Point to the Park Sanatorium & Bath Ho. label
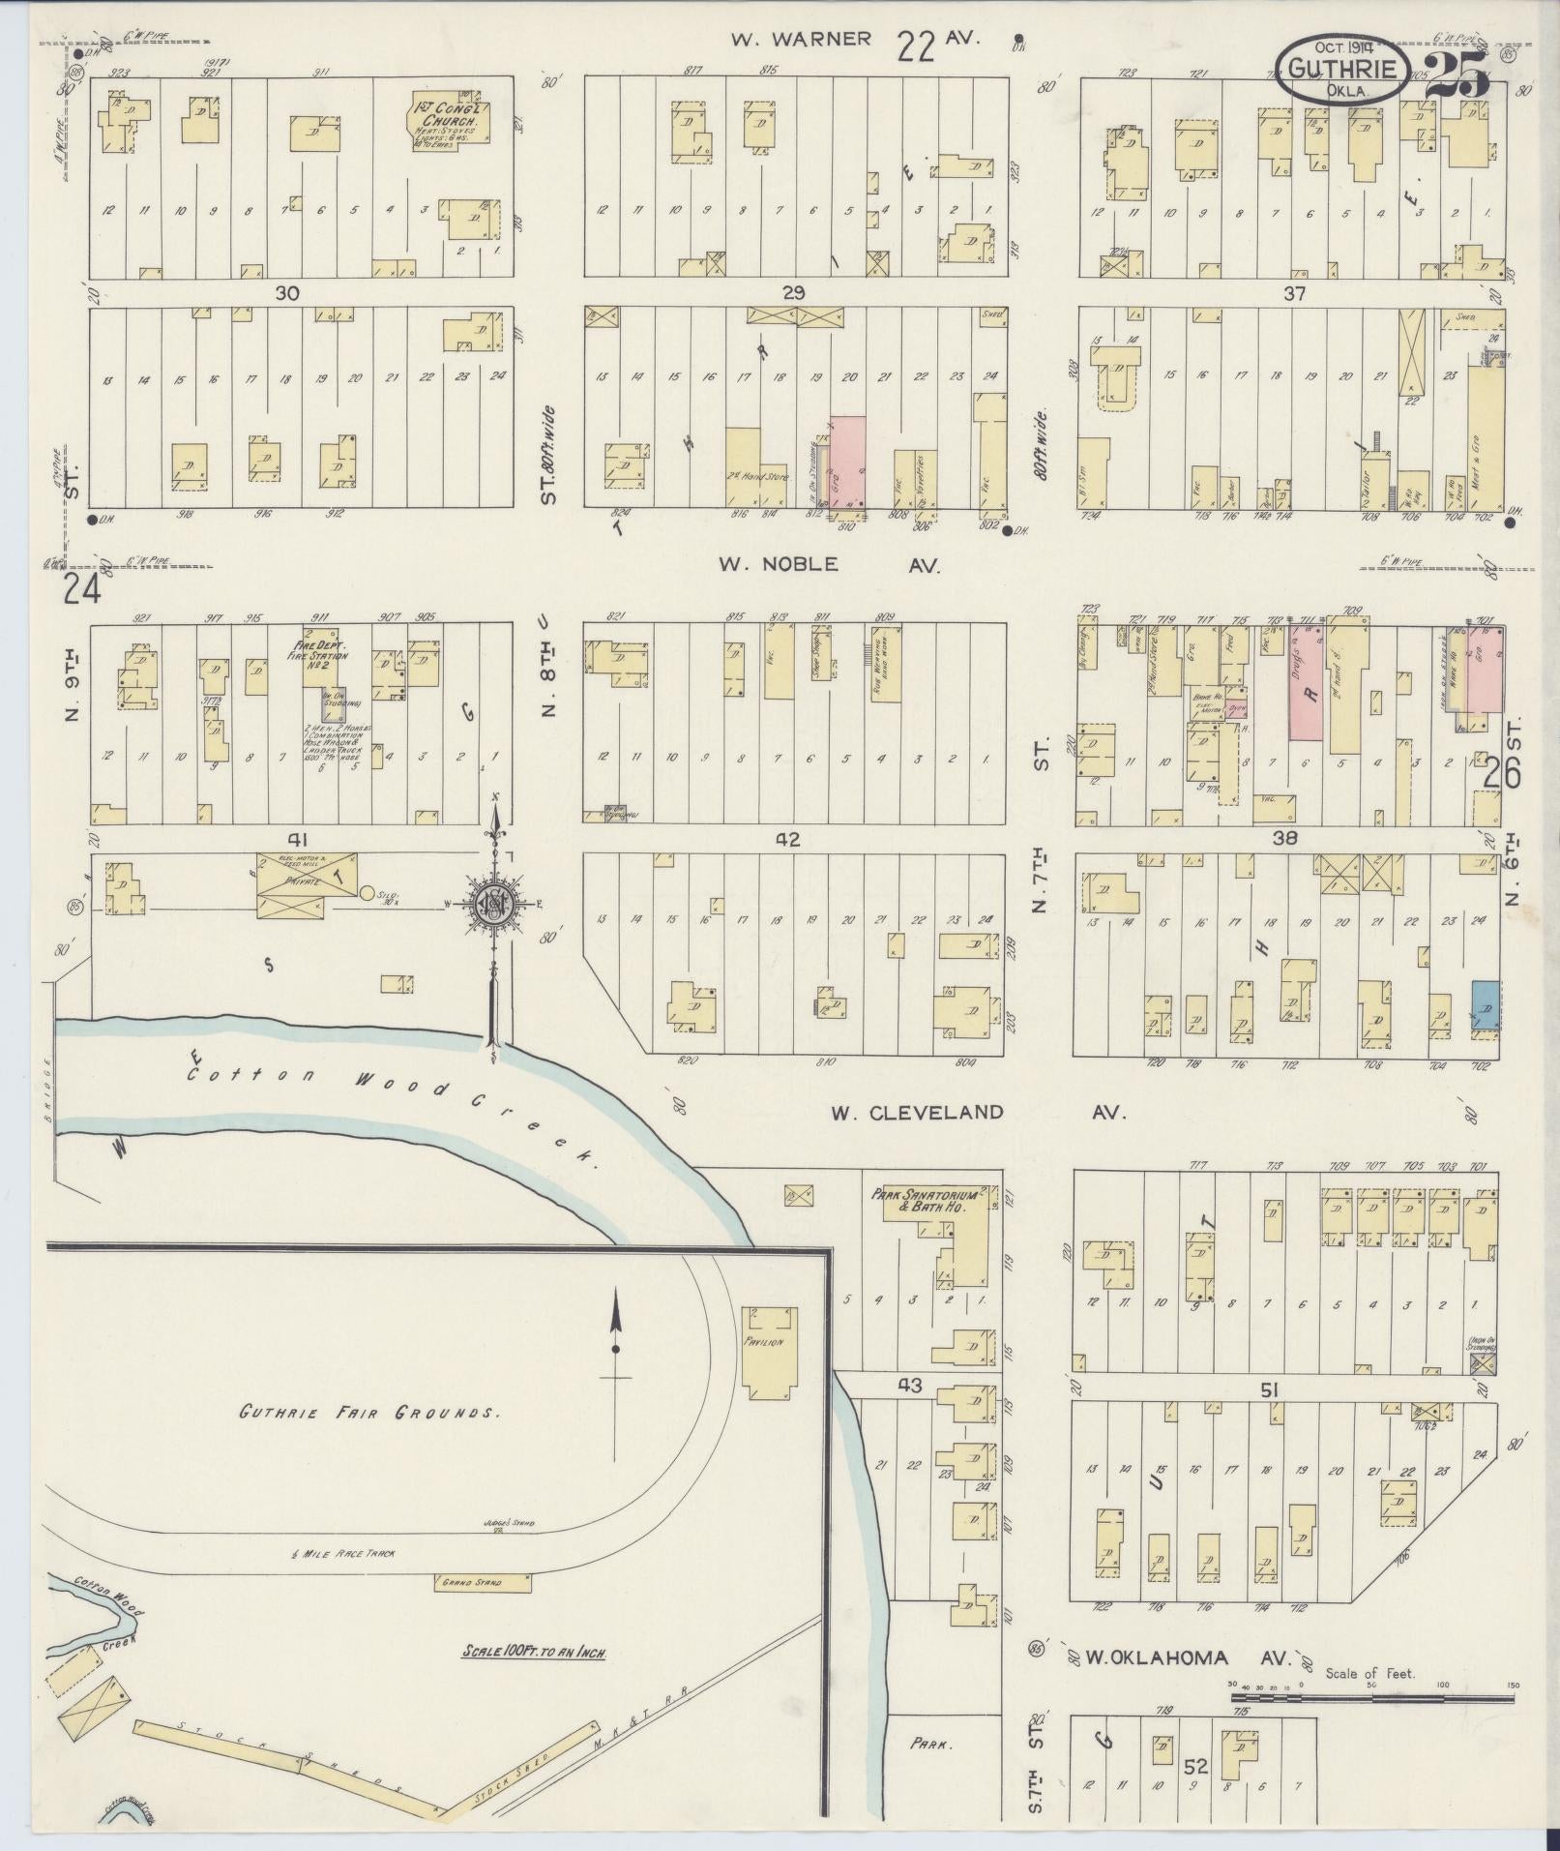click(x=931, y=1201)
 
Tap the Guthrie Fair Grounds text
click(x=370, y=1412)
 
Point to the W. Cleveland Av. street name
click(x=977, y=1113)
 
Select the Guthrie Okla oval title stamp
click(x=1340, y=70)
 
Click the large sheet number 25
click(x=1457, y=77)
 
